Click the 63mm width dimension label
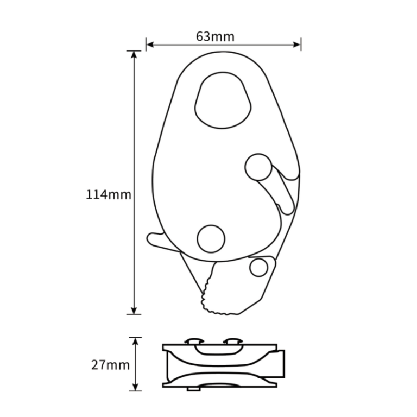215,37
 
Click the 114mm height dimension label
109,195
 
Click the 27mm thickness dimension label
110,365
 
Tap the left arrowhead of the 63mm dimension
150,45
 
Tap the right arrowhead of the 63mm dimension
297,45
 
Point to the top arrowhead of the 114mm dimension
134,55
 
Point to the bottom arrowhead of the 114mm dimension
134,311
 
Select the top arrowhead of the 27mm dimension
136,341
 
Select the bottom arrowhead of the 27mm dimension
136,387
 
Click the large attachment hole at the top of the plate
223,100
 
